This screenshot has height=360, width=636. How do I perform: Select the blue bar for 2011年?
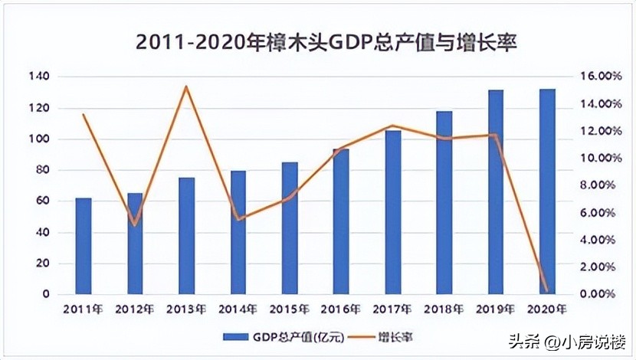click(x=84, y=246)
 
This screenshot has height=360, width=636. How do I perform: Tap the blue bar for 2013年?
click(x=187, y=236)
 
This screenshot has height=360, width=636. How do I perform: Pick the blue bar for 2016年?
click(x=341, y=221)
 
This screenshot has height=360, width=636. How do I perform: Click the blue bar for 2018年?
click(x=444, y=203)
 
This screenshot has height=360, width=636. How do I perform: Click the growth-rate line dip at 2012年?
click(x=135, y=225)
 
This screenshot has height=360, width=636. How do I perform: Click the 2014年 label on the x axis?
click(x=238, y=310)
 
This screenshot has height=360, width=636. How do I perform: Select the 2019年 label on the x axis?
click(x=495, y=310)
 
